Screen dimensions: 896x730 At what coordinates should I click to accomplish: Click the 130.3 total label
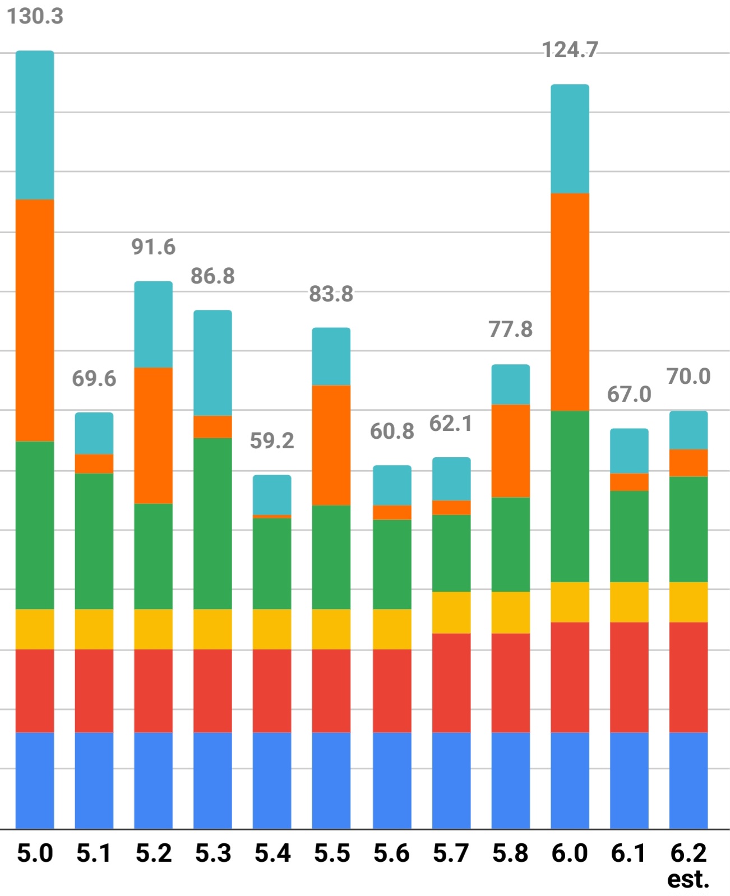tap(35, 16)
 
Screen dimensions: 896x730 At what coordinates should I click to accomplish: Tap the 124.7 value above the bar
tap(570, 50)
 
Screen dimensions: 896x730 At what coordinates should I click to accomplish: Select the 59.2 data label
tap(272, 440)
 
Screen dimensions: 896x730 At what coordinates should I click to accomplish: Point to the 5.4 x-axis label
tap(272, 853)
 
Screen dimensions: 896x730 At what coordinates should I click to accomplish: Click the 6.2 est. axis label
tap(688, 865)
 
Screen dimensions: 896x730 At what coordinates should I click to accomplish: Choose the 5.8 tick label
tap(510, 853)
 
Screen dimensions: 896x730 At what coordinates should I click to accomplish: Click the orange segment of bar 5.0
tap(35, 320)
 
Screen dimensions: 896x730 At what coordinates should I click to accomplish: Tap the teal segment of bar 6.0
tap(570, 138)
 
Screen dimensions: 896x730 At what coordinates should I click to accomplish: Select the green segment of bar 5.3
tap(212, 523)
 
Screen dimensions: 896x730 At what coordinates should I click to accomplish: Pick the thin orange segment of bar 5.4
tap(272, 516)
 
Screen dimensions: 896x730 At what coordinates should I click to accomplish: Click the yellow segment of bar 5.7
tap(451, 612)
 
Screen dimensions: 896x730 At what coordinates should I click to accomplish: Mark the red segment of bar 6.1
tap(629, 677)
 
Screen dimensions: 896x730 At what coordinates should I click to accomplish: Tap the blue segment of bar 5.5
tap(331, 780)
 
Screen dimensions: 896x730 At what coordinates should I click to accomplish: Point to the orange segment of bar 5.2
tap(153, 435)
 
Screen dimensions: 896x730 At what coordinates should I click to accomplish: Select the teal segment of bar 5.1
tap(94, 433)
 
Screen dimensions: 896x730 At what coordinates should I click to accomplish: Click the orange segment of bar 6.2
tap(688, 462)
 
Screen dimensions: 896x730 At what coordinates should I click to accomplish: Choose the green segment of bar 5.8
tap(510, 544)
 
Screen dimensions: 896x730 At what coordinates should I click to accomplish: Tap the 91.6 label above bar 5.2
tap(153, 247)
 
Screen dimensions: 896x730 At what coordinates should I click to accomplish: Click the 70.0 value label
tap(688, 376)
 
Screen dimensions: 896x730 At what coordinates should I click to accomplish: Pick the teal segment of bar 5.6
tap(392, 485)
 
